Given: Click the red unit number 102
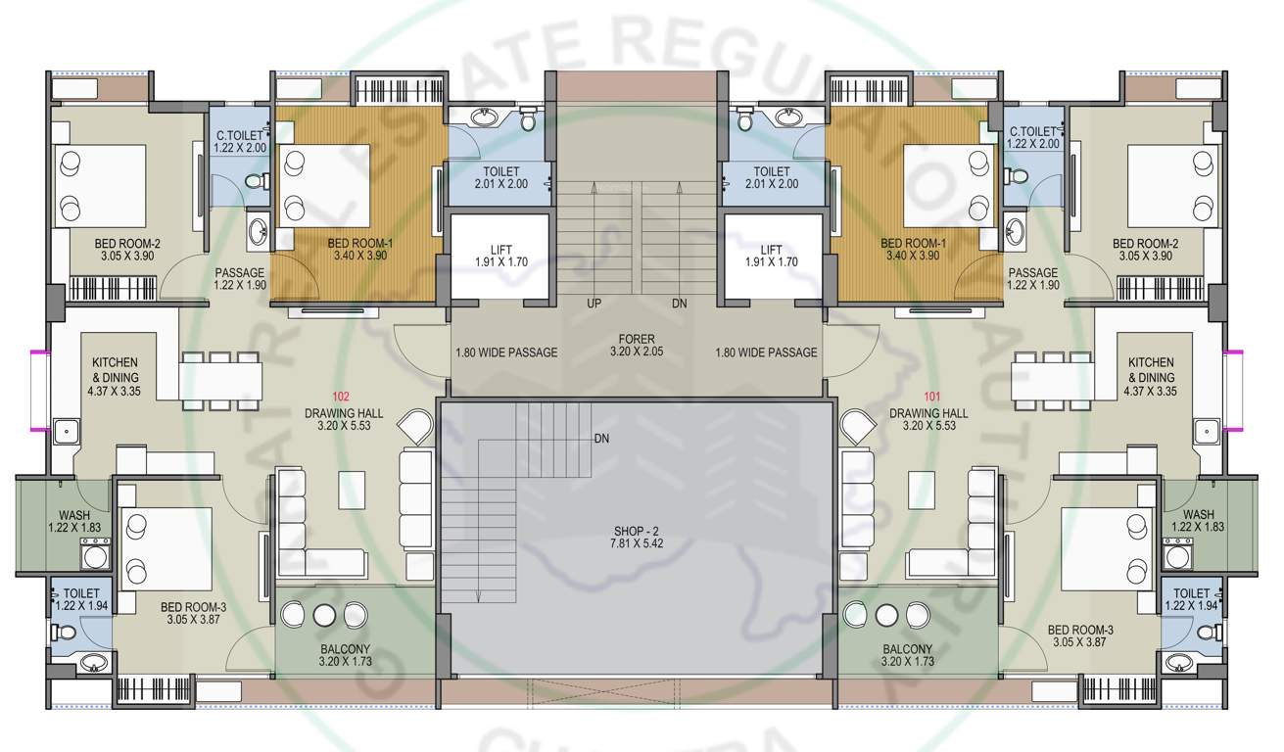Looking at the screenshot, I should tap(341, 397).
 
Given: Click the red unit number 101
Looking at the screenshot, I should tap(931, 397).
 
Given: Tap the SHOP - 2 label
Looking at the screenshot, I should tap(636, 537).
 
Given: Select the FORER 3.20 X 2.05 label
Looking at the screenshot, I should tap(636, 344).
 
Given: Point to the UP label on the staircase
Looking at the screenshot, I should tap(594, 304).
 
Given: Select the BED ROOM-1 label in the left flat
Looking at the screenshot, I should tap(359, 249).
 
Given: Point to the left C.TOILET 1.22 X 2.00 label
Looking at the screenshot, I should tap(239, 139).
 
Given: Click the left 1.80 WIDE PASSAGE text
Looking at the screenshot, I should tap(506, 352).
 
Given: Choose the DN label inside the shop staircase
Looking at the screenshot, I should tap(601, 439).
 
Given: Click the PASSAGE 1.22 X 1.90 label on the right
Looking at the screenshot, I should tap(1033, 279).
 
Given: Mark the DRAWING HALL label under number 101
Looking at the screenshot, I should tap(927, 419).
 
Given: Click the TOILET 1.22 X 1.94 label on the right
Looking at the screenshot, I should tap(1191, 599).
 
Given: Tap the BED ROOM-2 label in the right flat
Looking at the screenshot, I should tap(1144, 249).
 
